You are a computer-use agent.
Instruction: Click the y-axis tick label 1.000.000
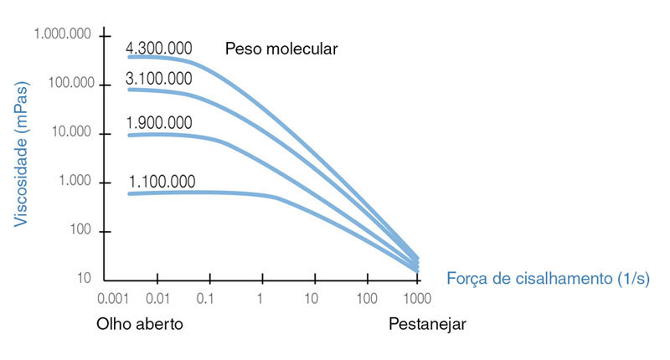[x=63, y=35]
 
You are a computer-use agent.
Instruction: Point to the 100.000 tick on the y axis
[x=67, y=84]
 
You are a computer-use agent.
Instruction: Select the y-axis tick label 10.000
[x=71, y=132]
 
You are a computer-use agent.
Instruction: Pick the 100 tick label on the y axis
[x=81, y=230]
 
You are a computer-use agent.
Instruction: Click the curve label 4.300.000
[x=159, y=48]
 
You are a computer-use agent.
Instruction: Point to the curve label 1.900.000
[x=159, y=123]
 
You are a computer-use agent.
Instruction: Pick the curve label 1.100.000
[x=162, y=182]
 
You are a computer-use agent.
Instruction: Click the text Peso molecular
[x=281, y=49]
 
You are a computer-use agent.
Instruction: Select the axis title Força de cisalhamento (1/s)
[x=549, y=277]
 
